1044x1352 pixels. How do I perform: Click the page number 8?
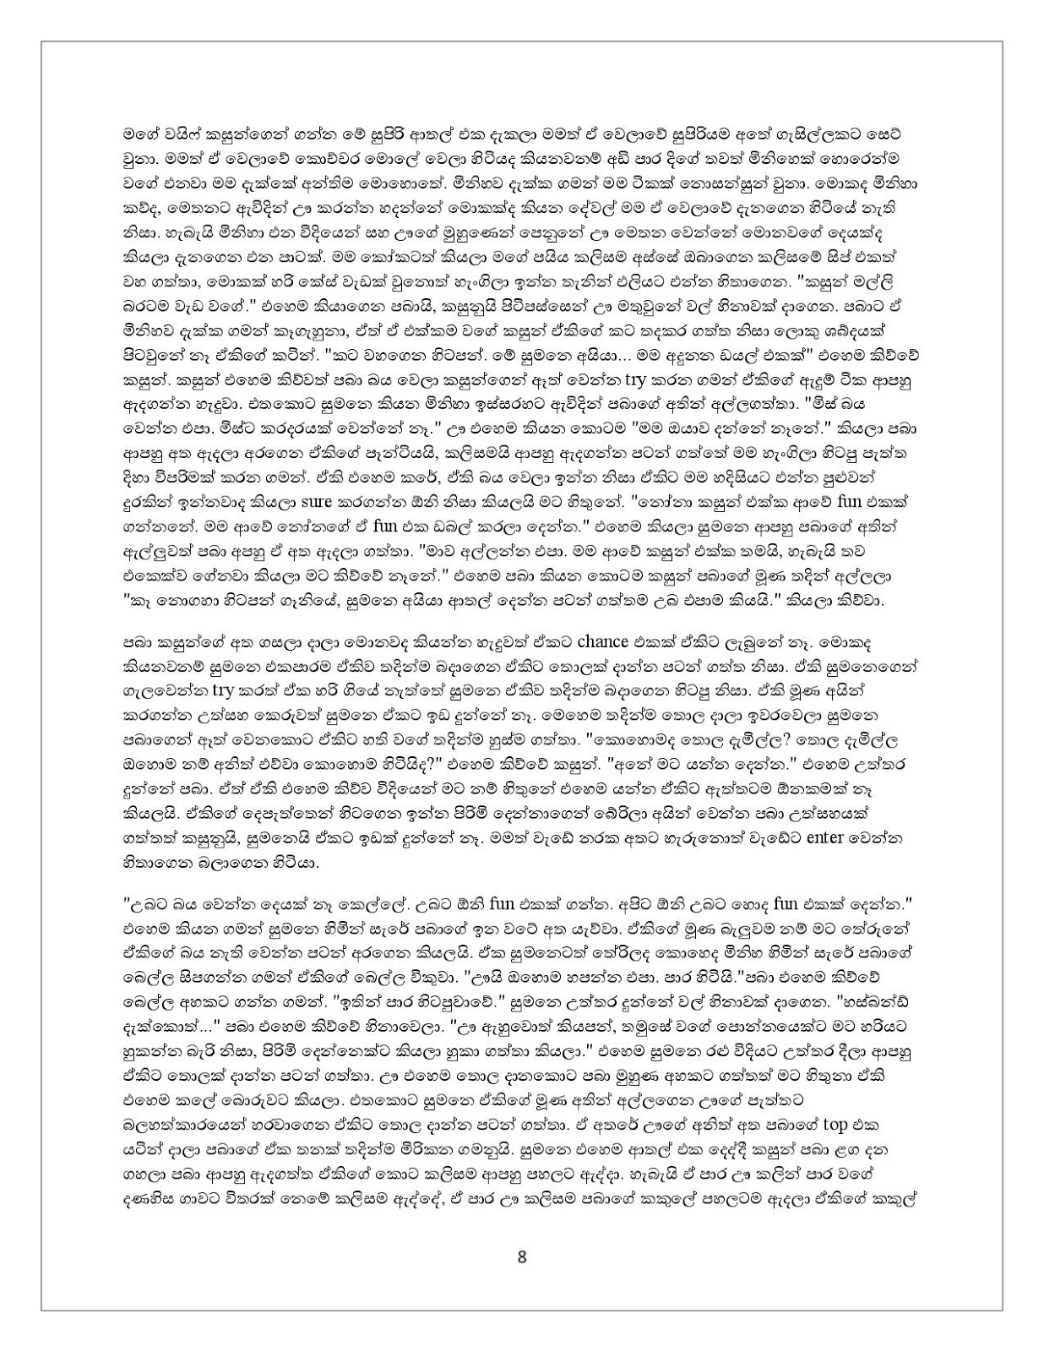click(521, 1257)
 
